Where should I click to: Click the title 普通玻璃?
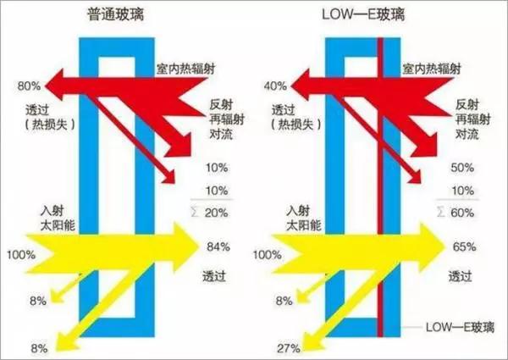[116, 14]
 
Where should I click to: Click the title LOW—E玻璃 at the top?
[363, 14]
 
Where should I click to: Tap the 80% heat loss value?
[29, 86]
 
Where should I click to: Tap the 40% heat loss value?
[275, 86]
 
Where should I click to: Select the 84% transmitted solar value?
[218, 246]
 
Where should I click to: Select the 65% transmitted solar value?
[464, 246]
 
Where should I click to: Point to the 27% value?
[289, 349]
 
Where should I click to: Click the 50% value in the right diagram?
[462, 168]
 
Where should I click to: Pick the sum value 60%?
[462, 213]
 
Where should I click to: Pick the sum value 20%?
[217, 213]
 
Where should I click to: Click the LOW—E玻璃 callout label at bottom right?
[460, 327]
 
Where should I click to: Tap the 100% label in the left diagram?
[21, 255]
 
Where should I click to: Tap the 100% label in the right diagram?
[267, 255]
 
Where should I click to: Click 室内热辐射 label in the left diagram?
[185, 69]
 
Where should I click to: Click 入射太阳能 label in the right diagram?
[304, 218]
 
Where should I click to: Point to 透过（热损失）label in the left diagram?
[50, 117]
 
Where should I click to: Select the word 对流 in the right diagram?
[467, 134]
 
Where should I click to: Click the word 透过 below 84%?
[214, 276]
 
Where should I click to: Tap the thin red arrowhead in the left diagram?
[168, 177]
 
